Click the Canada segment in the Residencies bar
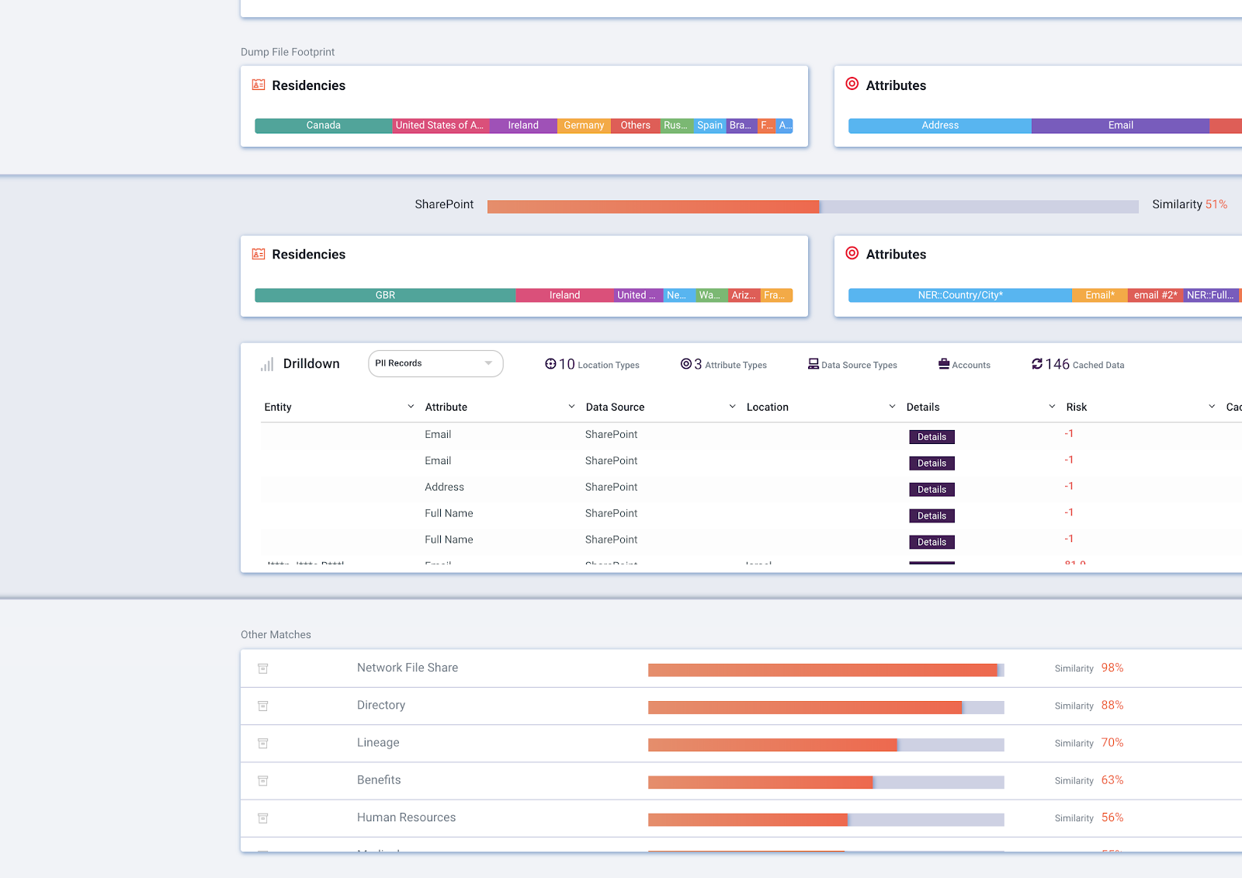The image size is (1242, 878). point(323,125)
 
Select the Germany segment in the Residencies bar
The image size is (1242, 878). point(584,125)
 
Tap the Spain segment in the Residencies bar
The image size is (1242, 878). point(709,125)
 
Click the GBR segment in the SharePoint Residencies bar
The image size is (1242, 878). point(385,295)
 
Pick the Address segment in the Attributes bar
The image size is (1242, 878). point(939,125)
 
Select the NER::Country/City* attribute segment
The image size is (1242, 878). point(959,295)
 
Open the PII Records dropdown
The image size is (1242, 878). point(435,363)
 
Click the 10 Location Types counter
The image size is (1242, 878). point(592,364)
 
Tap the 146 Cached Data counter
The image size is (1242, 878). point(1077,364)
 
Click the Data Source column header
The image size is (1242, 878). point(615,407)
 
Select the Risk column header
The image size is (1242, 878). point(1076,407)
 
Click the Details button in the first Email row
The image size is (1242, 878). point(931,437)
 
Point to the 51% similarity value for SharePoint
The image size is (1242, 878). point(1216,204)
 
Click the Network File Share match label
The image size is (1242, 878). point(408,668)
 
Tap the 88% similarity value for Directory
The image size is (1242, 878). point(1112,705)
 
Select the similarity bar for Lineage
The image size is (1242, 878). point(825,744)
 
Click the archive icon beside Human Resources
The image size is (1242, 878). point(263,818)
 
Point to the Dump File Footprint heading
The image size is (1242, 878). point(287,52)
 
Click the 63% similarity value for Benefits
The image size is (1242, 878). point(1112,780)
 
